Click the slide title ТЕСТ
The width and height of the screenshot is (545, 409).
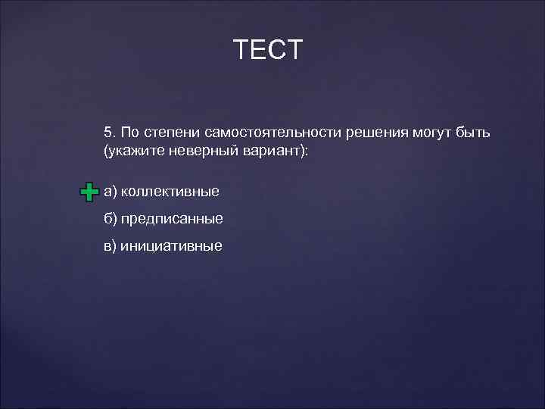[268, 50]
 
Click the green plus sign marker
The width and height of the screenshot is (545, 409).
[89, 192]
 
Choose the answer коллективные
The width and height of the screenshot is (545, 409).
[170, 191]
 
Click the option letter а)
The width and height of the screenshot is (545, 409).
[111, 191]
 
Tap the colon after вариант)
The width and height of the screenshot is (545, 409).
[307, 152]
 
